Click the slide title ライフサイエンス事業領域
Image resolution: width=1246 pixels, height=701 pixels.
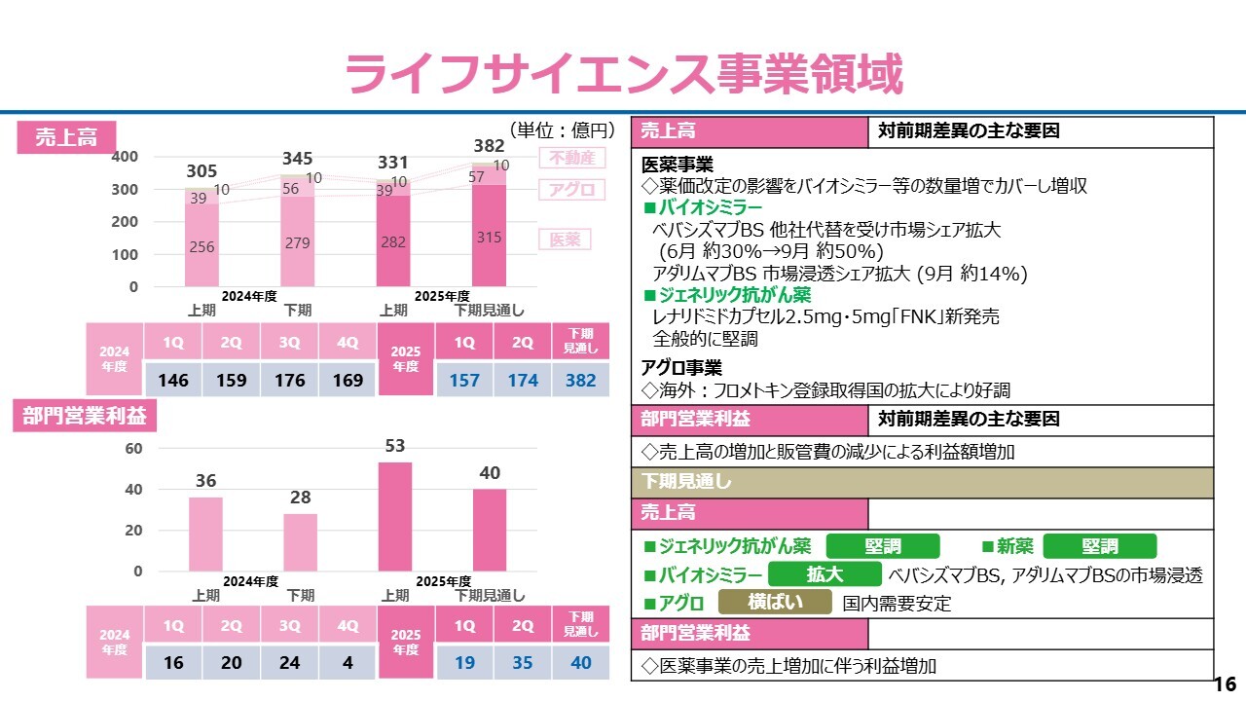[623, 74]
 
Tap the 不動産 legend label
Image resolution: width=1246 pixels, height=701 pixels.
[571, 158]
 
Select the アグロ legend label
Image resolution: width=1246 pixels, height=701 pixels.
[571, 190]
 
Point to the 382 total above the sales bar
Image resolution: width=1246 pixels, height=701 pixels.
[489, 146]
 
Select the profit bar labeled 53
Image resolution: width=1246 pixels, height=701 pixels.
[395, 516]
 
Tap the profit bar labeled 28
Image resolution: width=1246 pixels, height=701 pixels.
[301, 541]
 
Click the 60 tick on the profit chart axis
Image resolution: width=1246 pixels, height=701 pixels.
[133, 449]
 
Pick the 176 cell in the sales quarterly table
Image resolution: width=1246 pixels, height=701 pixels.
[289, 381]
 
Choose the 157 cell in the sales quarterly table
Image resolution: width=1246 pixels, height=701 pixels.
[464, 381]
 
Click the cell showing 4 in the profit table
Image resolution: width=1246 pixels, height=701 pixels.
[348, 663]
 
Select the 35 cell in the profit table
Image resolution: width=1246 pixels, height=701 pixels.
[523, 663]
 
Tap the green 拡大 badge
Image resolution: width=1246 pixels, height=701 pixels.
[825, 574]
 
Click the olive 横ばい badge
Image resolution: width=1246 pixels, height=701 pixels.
[775, 603]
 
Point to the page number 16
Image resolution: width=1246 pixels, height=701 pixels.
[1225, 683]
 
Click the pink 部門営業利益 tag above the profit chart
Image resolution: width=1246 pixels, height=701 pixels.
[84, 417]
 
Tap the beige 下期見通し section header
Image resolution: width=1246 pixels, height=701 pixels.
[922, 482]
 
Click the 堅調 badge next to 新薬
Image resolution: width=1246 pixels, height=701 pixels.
[1100, 546]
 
